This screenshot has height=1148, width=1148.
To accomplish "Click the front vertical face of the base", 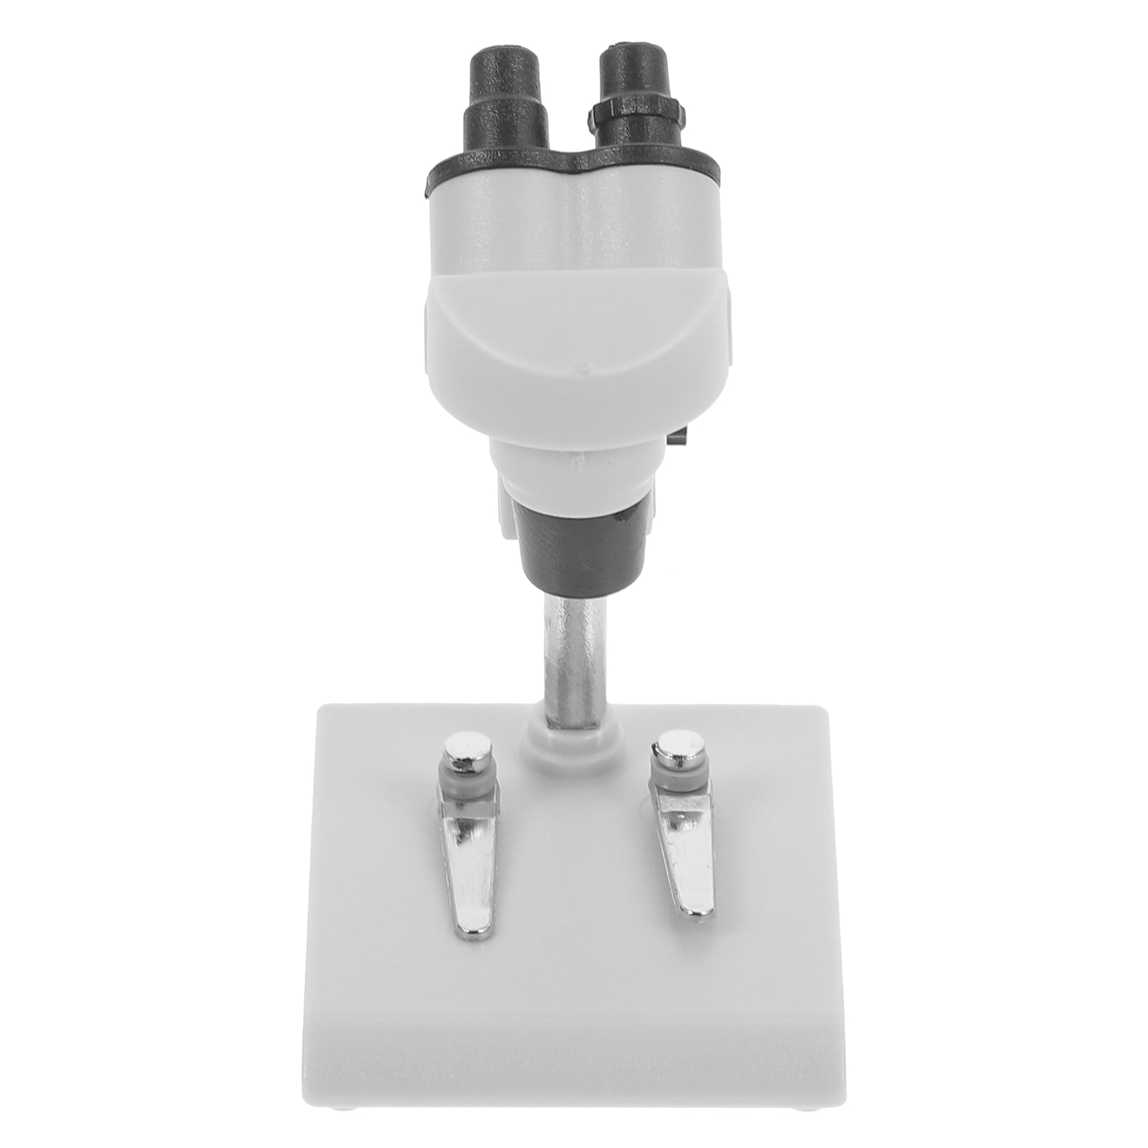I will [x=574, y=1076].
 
